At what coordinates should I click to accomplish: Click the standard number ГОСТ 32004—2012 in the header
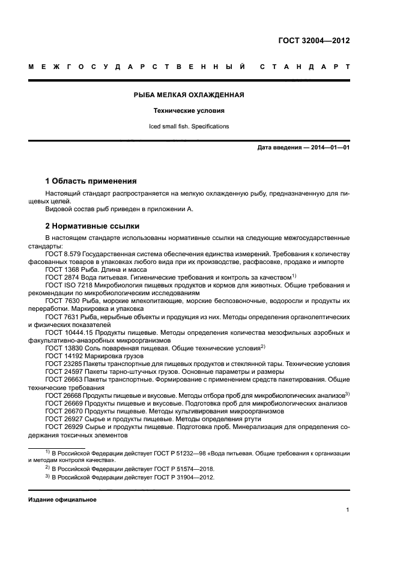(314, 41)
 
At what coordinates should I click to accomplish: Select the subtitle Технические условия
(189, 111)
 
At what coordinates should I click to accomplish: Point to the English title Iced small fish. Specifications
(189, 127)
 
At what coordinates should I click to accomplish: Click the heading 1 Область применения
(91, 181)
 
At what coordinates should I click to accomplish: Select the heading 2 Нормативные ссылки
(92, 226)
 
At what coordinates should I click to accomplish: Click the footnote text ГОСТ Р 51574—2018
(181, 468)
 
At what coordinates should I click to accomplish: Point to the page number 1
(348, 511)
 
